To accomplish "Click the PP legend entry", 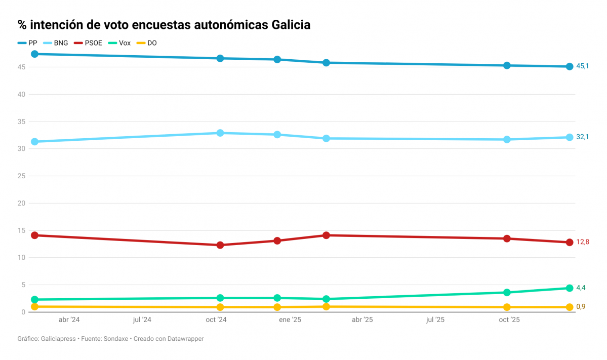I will pos(28,43).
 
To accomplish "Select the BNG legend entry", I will pos(56,43).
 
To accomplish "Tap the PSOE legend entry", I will pos(89,43).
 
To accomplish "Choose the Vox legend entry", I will pos(120,43).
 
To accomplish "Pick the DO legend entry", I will pos(147,43).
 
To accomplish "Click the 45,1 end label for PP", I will pos(582,66).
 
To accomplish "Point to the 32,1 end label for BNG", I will pos(582,137).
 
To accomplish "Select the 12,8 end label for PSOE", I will pos(582,243).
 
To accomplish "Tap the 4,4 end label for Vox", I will pos(581,288).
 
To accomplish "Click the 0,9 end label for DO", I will pos(581,307).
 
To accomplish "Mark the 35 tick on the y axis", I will pos(21,122).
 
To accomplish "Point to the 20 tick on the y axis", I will pos(21,203).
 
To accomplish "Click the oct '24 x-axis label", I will pos(216,320).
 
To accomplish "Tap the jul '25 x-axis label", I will pos(435,320).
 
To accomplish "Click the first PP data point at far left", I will pos(34,54).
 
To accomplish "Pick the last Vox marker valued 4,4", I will pos(570,288).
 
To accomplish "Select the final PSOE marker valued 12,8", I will pos(570,243).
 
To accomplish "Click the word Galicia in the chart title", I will pos(291,24).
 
